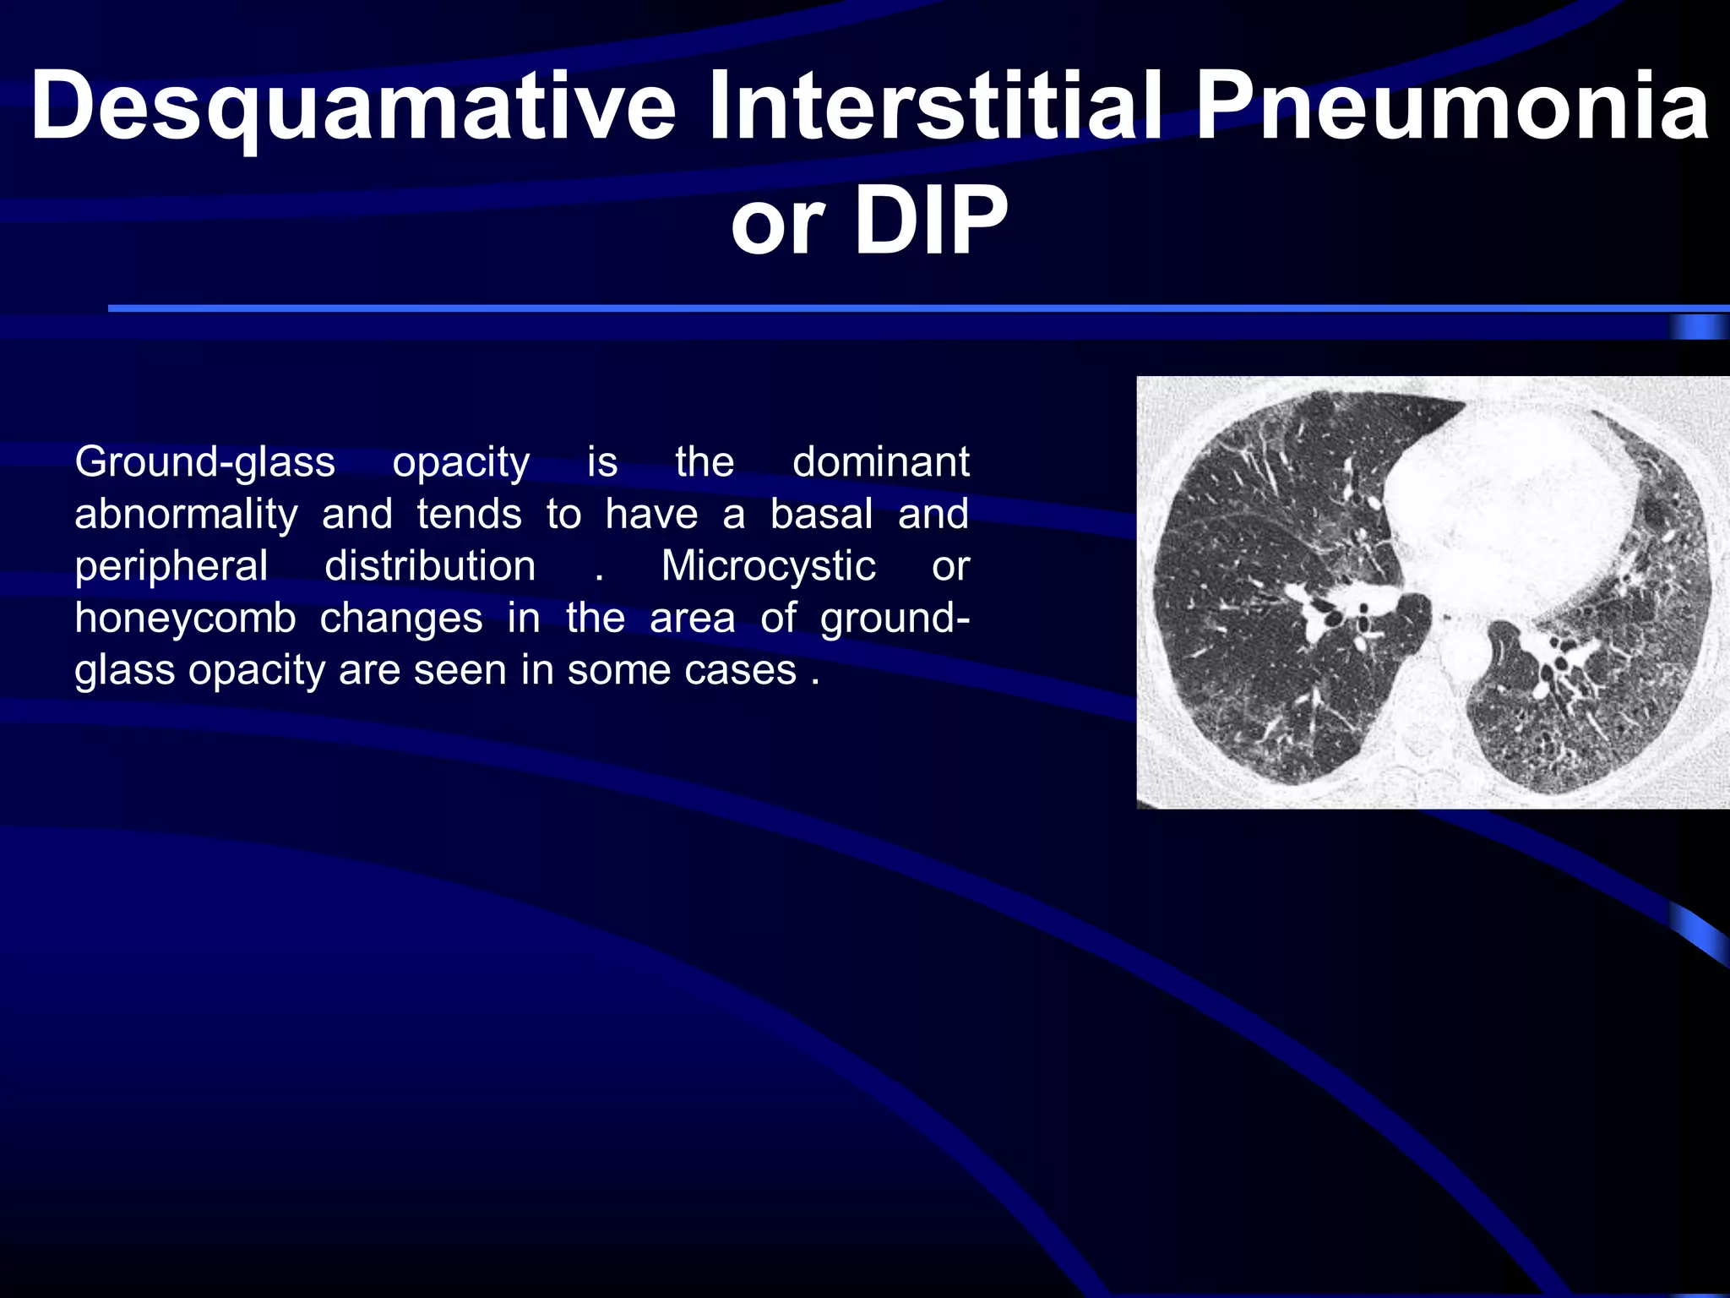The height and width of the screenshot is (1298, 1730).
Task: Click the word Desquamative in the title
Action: tap(353, 108)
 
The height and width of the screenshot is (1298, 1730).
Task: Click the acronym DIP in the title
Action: tap(931, 221)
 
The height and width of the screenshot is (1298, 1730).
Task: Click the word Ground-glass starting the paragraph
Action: tap(204, 463)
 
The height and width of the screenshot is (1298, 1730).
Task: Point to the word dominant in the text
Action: tap(880, 461)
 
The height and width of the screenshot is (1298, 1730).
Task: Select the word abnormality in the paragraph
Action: tap(186, 515)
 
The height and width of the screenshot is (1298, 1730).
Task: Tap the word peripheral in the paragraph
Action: tap(171, 567)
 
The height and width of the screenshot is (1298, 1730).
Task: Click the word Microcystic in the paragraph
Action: tap(768, 567)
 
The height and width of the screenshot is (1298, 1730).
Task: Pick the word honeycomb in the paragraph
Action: tap(185, 619)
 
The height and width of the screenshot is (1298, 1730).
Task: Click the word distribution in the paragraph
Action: tap(430, 565)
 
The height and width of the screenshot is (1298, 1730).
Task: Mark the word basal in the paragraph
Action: tap(821, 514)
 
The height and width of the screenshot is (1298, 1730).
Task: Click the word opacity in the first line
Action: tap(461, 463)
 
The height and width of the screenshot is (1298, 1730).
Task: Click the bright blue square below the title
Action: tap(1698, 326)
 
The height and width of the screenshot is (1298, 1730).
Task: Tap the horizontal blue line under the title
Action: tap(845, 308)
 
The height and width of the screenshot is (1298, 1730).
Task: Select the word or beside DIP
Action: tap(776, 221)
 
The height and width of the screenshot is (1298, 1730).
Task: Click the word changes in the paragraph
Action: tap(401, 618)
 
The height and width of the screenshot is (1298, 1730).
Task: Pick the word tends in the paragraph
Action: tap(469, 514)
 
